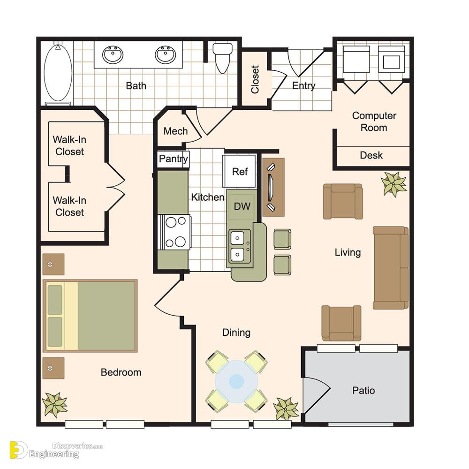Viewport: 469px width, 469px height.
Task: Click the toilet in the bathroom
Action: pyautogui.click(x=222, y=58)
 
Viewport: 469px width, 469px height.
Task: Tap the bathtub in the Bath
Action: pyautogui.click(x=58, y=73)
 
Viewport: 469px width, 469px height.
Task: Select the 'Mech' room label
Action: pyautogui.click(x=175, y=131)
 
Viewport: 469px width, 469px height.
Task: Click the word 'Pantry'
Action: pyautogui.click(x=174, y=159)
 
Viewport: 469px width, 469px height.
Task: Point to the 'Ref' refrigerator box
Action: pyautogui.click(x=240, y=171)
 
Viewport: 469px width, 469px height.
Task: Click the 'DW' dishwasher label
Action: pyautogui.click(x=242, y=206)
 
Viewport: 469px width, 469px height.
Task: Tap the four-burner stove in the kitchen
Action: pyautogui.click(x=175, y=232)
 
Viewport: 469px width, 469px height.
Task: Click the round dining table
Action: pyautogui.click(x=236, y=381)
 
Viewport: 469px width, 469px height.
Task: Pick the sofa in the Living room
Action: pyautogui.click(x=391, y=268)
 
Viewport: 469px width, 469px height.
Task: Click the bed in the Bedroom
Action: pyautogui.click(x=90, y=316)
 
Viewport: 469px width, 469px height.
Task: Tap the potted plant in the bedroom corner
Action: pyautogui.click(x=55, y=405)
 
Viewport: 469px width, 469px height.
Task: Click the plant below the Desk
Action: pyautogui.click(x=394, y=184)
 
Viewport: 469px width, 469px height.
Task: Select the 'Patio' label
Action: pyautogui.click(x=363, y=390)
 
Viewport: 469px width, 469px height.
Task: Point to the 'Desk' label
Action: pyautogui.click(x=371, y=155)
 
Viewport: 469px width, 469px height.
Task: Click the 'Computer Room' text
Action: pyautogui.click(x=374, y=122)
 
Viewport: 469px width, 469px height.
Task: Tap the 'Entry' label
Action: pyautogui.click(x=303, y=86)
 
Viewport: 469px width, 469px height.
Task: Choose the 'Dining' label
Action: pyautogui.click(x=236, y=333)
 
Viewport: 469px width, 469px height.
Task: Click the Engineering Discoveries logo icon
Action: pyautogui.click(x=19, y=450)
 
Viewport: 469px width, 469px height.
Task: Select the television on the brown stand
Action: pyautogui.click(x=271, y=187)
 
